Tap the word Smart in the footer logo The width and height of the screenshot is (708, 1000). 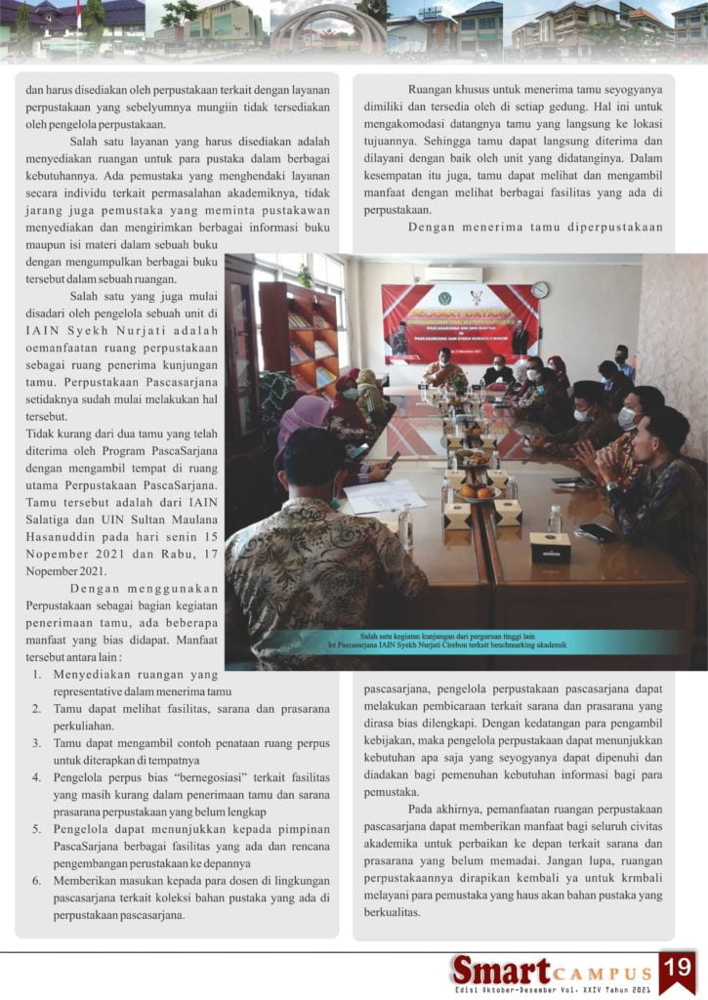pos(501,970)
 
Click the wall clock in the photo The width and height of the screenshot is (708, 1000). pos(540,290)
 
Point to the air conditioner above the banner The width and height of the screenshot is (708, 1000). pos(452,274)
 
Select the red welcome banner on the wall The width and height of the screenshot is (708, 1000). pos(458,323)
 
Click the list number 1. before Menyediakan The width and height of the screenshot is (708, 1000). pos(35,674)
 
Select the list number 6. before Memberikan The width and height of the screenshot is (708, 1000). pos(35,881)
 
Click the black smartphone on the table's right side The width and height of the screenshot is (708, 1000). pos(595,532)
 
